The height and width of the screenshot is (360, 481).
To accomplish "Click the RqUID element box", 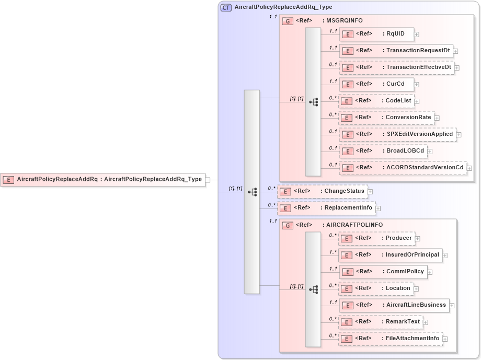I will [x=376, y=34].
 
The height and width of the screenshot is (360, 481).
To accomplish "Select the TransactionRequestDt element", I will [x=396, y=51].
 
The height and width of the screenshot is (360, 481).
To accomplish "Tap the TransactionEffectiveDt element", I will [x=396, y=67].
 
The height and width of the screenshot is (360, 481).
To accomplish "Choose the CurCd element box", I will [x=376, y=84].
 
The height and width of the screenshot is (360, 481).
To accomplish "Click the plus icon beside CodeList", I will [x=417, y=101].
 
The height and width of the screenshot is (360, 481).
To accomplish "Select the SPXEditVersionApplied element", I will [x=397, y=134].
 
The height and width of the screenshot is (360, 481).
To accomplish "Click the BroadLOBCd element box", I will [x=383, y=151].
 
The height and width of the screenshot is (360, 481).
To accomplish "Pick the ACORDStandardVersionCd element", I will [x=403, y=168].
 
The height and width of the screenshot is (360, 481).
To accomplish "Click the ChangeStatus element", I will [x=322, y=191].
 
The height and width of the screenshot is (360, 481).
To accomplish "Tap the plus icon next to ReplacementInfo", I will [x=378, y=208].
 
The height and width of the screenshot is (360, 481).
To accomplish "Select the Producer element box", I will [x=377, y=238].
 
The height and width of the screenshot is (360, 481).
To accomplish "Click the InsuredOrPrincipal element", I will [x=391, y=255].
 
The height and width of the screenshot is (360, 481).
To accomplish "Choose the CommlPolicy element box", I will [x=383, y=272].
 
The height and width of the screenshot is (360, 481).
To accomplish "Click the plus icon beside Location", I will [x=417, y=289].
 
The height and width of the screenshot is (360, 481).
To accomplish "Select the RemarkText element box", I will [x=381, y=322].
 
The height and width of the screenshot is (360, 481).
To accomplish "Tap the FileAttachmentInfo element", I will [x=391, y=339].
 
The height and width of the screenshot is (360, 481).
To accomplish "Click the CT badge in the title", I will [x=226, y=7].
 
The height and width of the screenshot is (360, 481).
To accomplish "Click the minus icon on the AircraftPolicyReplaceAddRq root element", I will [x=208, y=179].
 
